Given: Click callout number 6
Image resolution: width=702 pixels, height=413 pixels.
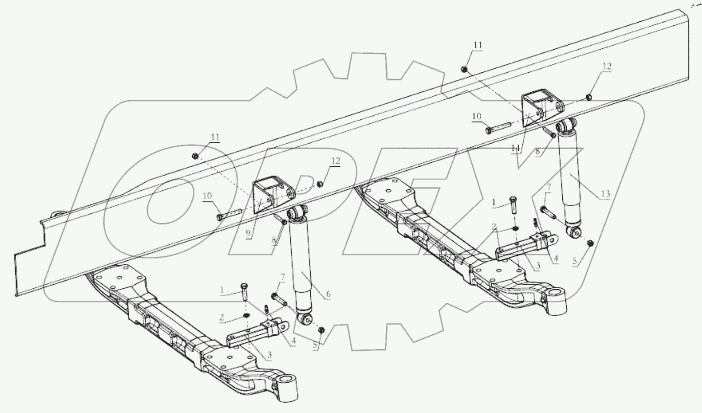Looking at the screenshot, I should [x=328, y=294].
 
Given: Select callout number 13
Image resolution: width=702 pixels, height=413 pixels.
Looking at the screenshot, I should [x=605, y=194].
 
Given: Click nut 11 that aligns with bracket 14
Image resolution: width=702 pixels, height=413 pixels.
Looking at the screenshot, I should [x=464, y=69].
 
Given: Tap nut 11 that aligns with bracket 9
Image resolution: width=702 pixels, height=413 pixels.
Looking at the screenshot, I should [x=194, y=156].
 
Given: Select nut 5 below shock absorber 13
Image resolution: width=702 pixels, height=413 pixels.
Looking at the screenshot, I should [x=590, y=244].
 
